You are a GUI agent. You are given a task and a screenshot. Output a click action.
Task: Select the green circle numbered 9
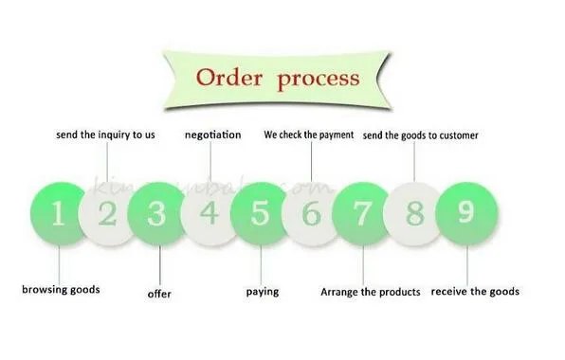click(x=465, y=213)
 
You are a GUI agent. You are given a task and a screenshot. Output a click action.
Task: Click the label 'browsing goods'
click(x=61, y=290)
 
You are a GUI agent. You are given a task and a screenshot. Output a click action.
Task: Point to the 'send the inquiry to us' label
click(x=105, y=135)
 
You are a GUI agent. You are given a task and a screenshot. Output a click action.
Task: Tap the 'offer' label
click(x=159, y=294)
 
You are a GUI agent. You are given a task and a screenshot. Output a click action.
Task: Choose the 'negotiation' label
click(x=212, y=135)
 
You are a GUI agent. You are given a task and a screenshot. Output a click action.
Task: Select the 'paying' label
click(x=263, y=291)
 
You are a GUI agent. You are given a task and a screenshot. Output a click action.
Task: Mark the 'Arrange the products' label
click(x=370, y=292)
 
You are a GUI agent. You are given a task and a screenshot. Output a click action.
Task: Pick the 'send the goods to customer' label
click(x=422, y=135)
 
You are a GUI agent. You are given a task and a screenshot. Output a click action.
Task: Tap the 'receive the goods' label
click(x=475, y=291)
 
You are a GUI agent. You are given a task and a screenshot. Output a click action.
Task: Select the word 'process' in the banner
click(x=319, y=78)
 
